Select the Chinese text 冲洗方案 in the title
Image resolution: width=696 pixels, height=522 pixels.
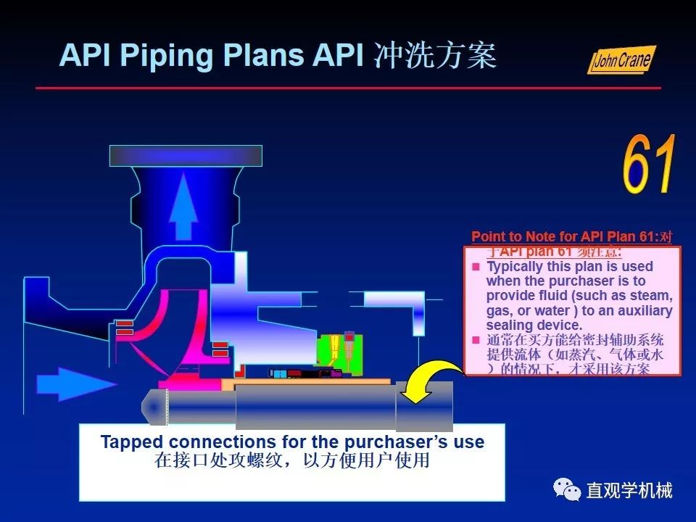pos(435,55)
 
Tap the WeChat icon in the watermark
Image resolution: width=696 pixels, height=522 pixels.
pos(567,490)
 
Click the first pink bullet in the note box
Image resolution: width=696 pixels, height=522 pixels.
pos(476,267)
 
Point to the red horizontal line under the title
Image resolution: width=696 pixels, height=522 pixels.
pos(348,88)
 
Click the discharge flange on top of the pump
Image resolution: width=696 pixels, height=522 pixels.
pos(186,154)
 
